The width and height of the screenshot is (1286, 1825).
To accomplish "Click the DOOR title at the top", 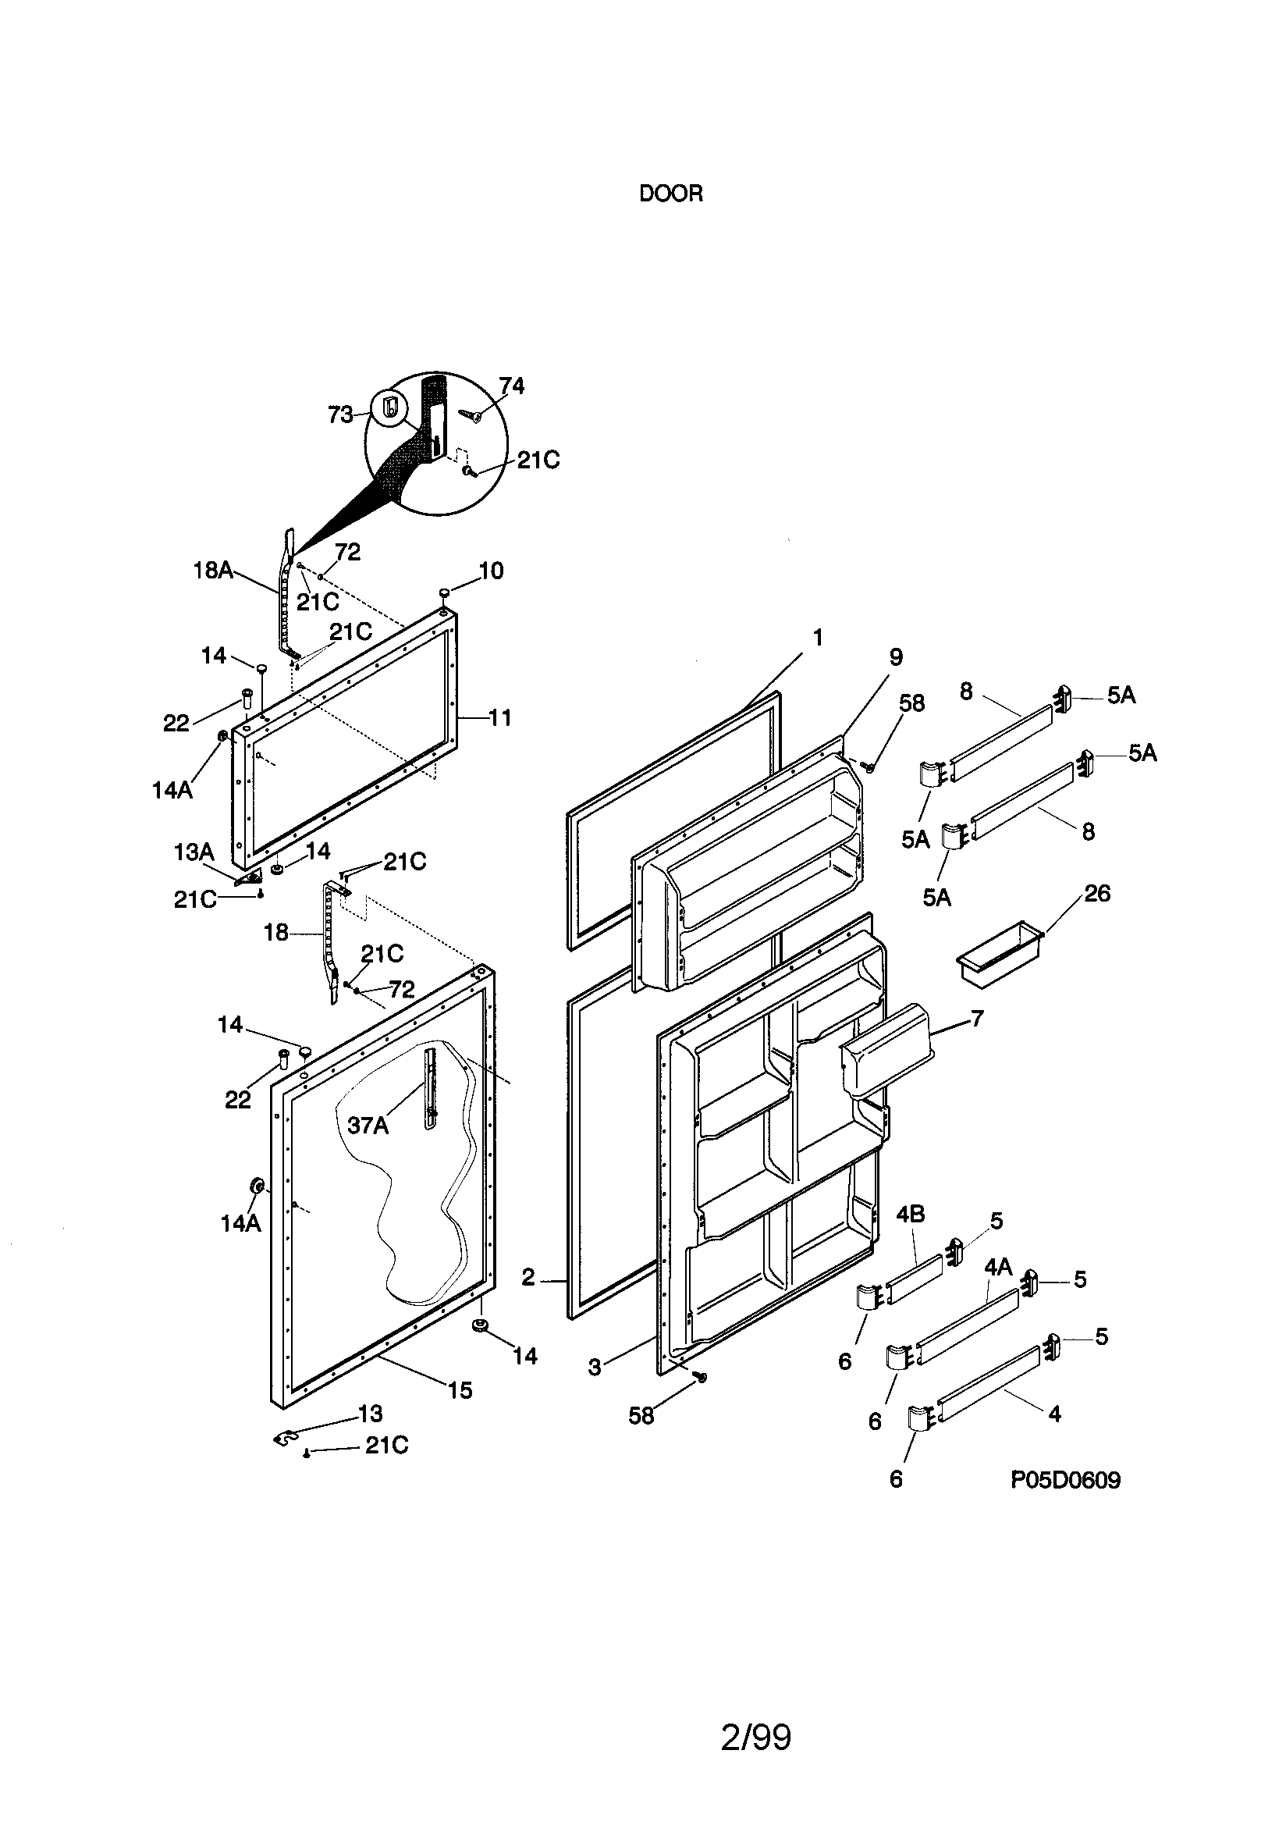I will click(671, 194).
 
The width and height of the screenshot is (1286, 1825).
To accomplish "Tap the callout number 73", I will click(340, 415).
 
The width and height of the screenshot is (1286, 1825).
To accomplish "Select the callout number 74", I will click(512, 386).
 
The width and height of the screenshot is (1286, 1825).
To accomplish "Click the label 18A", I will click(213, 570).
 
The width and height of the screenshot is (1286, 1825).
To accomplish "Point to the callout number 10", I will click(491, 571).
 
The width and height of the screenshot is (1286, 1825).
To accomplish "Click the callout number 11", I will click(499, 718).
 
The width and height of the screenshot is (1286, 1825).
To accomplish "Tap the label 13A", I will click(194, 852).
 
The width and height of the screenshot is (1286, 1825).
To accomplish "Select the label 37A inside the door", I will click(368, 1126).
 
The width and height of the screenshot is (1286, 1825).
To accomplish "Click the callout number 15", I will click(460, 1390).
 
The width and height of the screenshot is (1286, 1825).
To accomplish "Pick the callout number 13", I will click(371, 1414).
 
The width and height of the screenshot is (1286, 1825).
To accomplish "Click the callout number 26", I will click(1097, 894).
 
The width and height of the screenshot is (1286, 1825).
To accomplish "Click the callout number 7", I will click(977, 1018).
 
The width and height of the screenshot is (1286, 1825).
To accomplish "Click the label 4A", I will click(998, 1267).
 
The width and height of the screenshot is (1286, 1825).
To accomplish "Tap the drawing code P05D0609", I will click(1065, 1480).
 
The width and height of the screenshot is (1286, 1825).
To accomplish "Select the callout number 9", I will click(896, 657).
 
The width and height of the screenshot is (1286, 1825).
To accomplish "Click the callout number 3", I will click(595, 1367).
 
